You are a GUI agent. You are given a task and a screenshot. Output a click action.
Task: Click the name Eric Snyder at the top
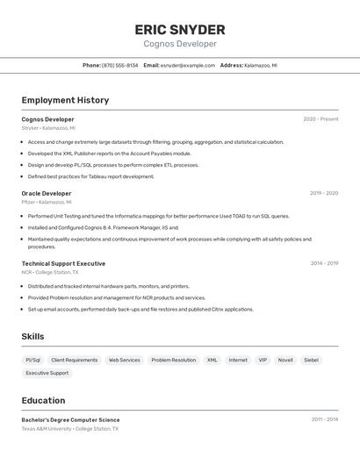pos(180,29)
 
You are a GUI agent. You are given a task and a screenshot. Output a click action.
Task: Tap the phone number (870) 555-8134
pos(120,65)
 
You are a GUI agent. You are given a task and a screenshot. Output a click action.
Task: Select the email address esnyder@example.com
pos(187,65)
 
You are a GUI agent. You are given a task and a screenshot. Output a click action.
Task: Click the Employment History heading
pos(65,100)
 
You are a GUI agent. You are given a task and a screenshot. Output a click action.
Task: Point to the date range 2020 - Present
pos(320,119)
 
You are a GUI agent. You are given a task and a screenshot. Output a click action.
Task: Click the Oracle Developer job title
pos(47,193)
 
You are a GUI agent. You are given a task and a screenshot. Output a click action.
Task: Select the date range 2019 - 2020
pos(324,193)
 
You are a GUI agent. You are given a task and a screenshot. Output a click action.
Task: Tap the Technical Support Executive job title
pos(63,263)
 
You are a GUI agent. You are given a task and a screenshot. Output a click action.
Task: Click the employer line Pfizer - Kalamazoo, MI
pos(47,202)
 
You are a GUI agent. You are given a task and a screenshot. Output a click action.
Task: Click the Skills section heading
pos(32,336)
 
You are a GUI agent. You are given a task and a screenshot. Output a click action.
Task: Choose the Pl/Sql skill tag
pos(32,360)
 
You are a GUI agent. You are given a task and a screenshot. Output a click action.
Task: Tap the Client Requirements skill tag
pos(75,360)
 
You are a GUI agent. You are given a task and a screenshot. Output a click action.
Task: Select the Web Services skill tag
pos(124,360)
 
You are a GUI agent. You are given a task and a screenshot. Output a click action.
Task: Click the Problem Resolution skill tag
pos(174,360)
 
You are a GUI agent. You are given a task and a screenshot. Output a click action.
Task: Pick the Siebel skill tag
pos(312,360)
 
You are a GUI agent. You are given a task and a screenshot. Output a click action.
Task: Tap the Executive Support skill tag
pos(47,373)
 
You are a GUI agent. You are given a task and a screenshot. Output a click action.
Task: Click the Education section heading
pos(43,400)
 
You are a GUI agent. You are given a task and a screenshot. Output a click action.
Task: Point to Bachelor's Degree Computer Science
pos(70,419)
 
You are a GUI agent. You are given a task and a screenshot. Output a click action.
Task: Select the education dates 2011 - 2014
pos(324,419)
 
